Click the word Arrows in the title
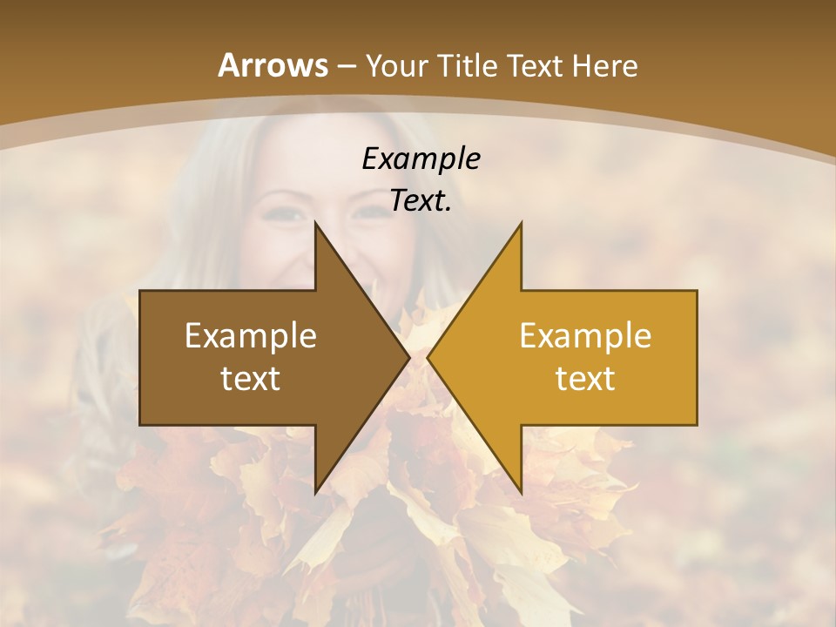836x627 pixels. (273, 65)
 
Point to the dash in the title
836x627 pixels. (346, 67)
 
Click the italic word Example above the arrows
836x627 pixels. (421, 158)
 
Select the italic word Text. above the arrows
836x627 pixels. (421, 201)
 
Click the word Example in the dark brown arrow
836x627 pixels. (251, 336)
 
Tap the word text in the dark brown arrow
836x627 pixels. (251, 379)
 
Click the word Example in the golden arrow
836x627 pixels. (585, 336)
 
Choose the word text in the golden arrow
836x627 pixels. (585, 379)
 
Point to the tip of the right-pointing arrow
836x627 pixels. (408, 357)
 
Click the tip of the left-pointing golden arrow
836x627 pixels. (428, 357)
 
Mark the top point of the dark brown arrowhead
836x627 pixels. (315, 223)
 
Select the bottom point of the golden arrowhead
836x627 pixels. (521, 493)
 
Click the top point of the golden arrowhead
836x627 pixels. (521, 223)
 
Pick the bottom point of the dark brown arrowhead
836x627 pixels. (315, 493)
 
